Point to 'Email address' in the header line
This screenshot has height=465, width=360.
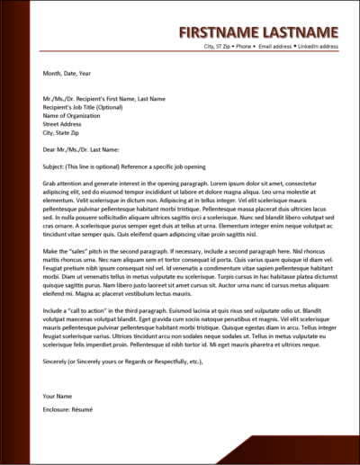click(276, 45)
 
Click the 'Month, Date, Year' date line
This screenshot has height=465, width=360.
click(66, 75)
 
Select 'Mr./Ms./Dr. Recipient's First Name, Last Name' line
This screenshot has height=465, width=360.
click(103, 97)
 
